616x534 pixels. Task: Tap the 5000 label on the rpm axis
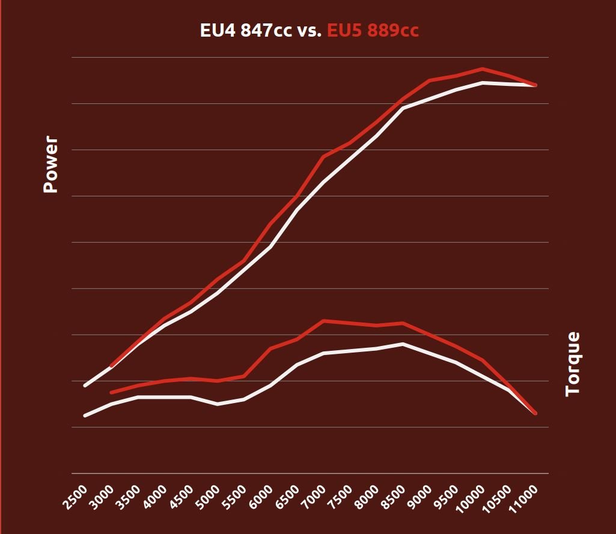(x=207, y=497)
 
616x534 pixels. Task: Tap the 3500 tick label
(x=129, y=497)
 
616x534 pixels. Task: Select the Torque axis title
(x=573, y=363)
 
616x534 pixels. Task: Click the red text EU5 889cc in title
(x=373, y=31)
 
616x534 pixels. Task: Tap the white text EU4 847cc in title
(x=246, y=31)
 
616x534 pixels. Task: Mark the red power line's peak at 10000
(x=482, y=69)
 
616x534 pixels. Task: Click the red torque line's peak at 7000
(x=323, y=321)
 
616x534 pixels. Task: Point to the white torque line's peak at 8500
(x=403, y=344)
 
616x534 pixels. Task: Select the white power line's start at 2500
(x=85, y=385)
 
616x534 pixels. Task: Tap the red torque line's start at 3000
(x=111, y=392)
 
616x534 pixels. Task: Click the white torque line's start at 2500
(x=85, y=416)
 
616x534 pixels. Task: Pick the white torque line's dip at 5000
(x=218, y=404)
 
